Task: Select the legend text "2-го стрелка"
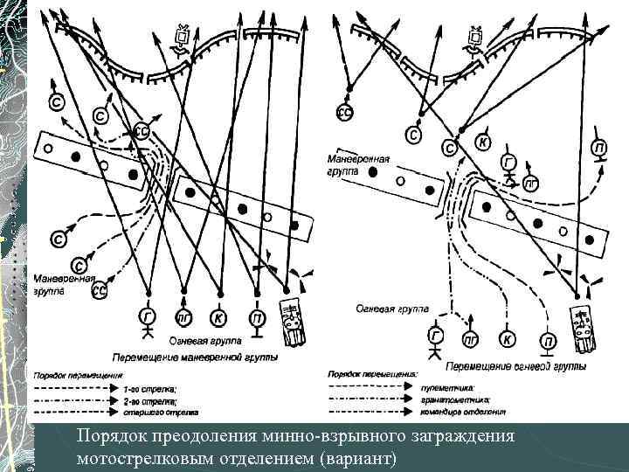click(x=149, y=399)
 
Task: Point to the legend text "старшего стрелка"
click(x=156, y=410)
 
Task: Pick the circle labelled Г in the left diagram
click(x=148, y=316)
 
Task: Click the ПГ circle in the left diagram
click(x=184, y=316)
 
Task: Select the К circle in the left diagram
click(x=219, y=316)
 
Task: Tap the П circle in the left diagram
click(x=256, y=316)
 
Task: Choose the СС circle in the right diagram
click(x=345, y=111)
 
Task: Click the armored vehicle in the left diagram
click(x=293, y=320)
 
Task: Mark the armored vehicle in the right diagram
click(x=582, y=325)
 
